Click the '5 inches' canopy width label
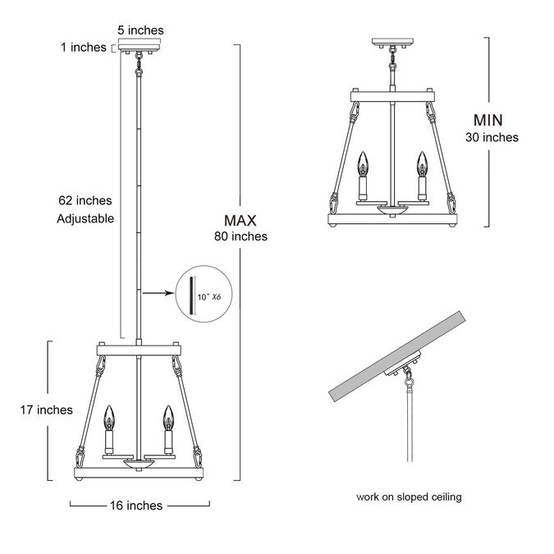pyautogui.click(x=140, y=30)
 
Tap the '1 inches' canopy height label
pyautogui.click(x=84, y=48)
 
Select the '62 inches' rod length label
pyautogui.click(x=85, y=201)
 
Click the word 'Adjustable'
pyautogui.click(x=85, y=218)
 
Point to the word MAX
pyautogui.click(x=240, y=221)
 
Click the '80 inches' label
pyautogui.click(x=240, y=236)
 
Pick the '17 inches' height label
pyautogui.click(x=46, y=410)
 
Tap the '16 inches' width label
pyautogui.click(x=136, y=506)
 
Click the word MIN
pyautogui.click(x=488, y=121)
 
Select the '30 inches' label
pyautogui.click(x=492, y=137)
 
